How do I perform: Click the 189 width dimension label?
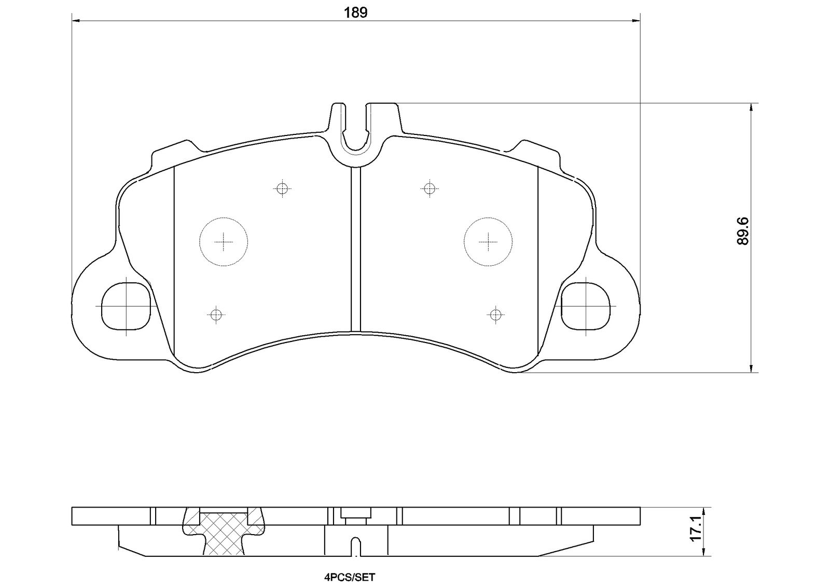[x=356, y=12]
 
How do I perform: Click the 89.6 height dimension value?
[x=743, y=231]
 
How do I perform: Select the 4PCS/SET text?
[x=350, y=577]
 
